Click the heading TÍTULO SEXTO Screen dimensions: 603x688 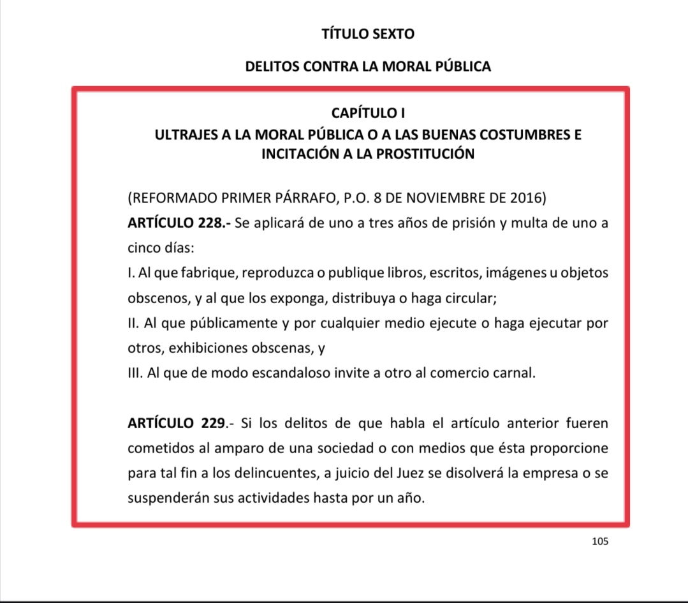368,34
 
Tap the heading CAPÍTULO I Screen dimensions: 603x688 368,113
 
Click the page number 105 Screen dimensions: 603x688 600,541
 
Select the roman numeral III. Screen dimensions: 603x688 134,373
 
